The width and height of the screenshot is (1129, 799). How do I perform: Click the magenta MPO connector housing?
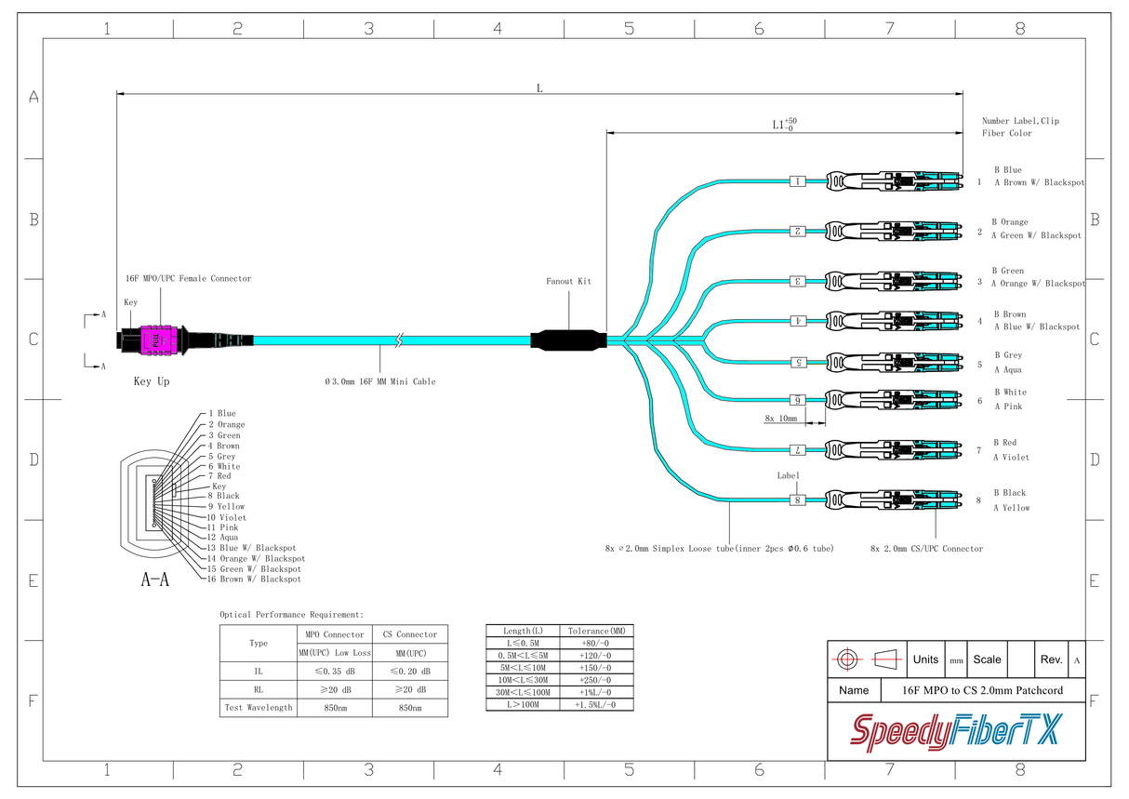(155, 340)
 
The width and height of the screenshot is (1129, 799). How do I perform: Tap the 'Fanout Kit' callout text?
(568, 281)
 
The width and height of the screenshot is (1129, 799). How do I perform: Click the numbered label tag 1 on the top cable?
(797, 181)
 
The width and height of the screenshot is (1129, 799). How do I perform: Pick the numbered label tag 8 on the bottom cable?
(797, 500)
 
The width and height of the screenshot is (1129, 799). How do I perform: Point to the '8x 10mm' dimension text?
(781, 419)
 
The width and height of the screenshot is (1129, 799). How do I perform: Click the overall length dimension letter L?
(539, 87)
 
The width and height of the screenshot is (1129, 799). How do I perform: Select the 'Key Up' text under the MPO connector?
(156, 381)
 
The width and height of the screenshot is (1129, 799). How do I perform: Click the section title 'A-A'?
(154, 580)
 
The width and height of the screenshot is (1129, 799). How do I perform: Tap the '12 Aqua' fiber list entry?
(222, 538)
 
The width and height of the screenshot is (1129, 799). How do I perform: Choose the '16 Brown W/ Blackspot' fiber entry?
(254, 579)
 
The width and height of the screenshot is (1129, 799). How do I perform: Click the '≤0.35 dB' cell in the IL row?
(333, 671)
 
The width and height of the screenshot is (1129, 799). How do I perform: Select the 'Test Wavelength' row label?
(258, 708)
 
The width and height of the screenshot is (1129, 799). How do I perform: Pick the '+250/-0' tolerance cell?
(596, 680)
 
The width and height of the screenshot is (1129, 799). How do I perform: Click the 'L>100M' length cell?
(523, 705)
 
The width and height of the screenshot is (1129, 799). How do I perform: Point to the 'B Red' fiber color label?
(1004, 443)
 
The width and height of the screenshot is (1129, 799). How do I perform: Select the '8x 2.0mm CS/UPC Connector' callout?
(926, 549)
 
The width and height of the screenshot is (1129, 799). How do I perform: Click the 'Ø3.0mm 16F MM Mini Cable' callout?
(379, 381)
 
